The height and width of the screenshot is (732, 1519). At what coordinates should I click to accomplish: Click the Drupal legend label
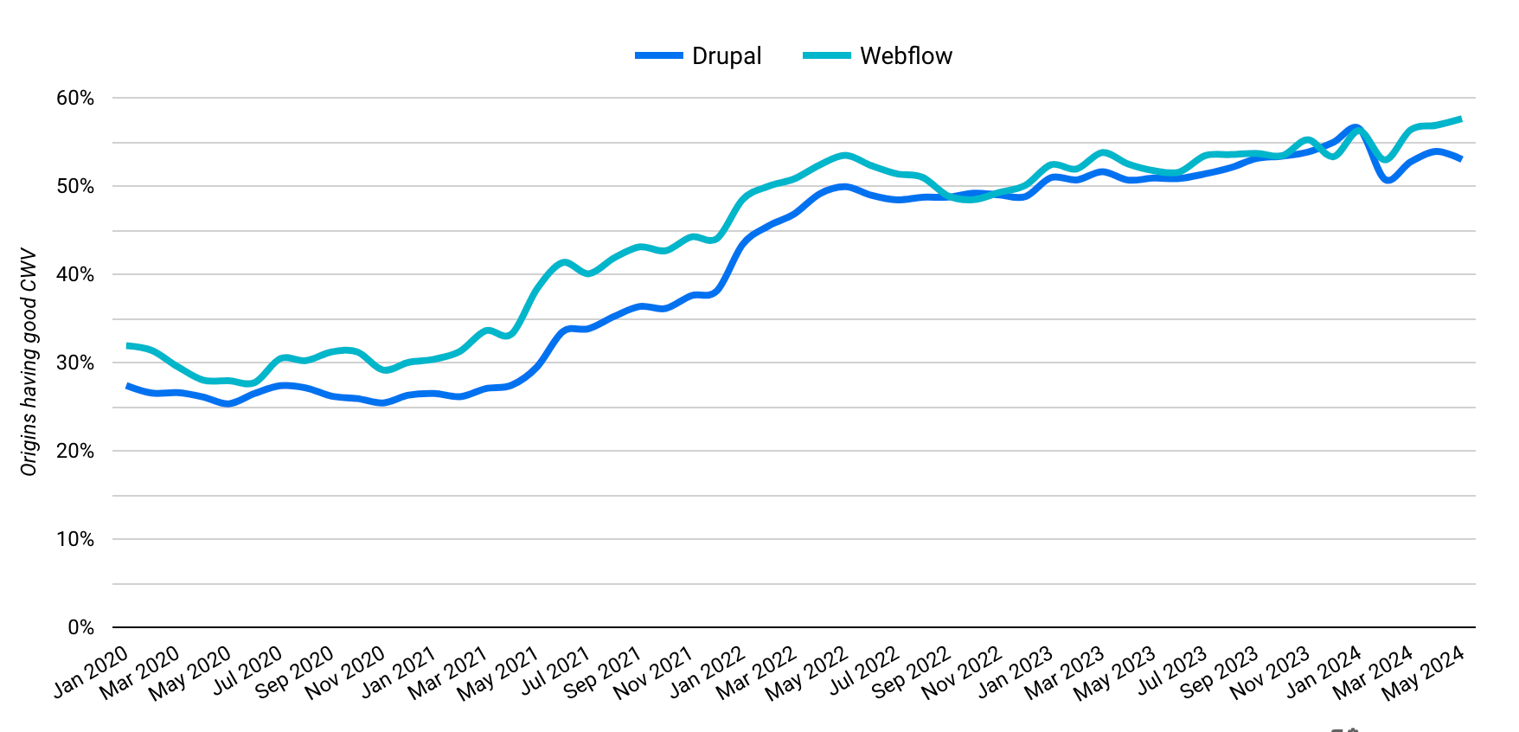click(x=727, y=56)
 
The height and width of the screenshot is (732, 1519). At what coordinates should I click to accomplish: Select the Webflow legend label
click(x=906, y=56)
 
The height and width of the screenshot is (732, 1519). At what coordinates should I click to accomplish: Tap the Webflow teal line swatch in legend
click(x=826, y=56)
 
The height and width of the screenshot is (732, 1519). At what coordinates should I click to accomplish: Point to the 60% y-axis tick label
click(x=75, y=98)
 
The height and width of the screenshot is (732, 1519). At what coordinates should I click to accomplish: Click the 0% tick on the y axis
click(x=80, y=627)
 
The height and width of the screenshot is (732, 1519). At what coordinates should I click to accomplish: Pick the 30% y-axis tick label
click(x=75, y=363)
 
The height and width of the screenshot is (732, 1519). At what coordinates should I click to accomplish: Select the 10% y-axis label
click(x=75, y=539)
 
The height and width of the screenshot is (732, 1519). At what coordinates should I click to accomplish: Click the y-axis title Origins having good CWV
click(x=29, y=363)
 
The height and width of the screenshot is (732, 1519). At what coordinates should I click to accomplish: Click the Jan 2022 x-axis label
click(x=708, y=671)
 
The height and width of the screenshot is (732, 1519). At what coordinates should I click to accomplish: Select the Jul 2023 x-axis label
click(x=1172, y=671)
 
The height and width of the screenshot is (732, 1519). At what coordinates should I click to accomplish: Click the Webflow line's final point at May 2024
click(x=1461, y=119)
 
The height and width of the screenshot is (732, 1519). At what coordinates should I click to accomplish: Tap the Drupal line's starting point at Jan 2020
click(x=128, y=386)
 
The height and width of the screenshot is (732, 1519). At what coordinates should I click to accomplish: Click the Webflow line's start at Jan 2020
click(x=128, y=346)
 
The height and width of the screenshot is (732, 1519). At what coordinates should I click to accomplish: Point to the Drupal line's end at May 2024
click(x=1461, y=159)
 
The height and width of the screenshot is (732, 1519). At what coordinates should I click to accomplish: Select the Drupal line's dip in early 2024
click(x=1388, y=180)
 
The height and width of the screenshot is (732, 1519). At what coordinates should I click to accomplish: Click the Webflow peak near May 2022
click(x=845, y=156)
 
